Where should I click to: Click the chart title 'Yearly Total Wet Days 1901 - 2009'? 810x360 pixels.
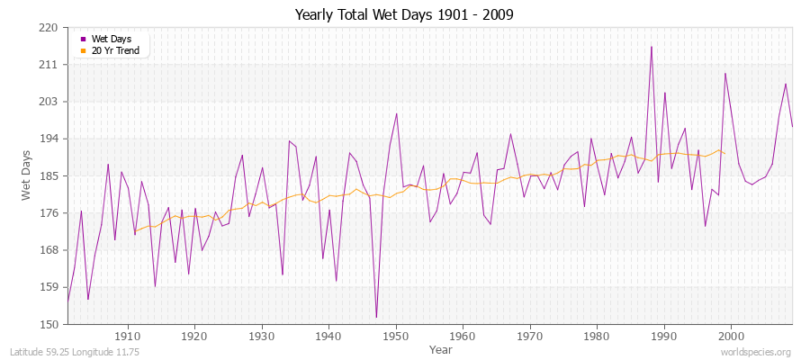coord(404,15)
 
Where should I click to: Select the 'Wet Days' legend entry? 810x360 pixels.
coord(111,39)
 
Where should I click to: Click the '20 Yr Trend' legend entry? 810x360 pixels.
coord(114,50)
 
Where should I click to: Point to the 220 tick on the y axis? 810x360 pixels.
coord(49,28)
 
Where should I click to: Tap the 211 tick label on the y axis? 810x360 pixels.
coord(49,65)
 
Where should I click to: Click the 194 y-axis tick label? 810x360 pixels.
coord(49,139)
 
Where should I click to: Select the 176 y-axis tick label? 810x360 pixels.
coord(49,213)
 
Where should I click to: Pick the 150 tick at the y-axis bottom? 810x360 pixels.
coord(49,324)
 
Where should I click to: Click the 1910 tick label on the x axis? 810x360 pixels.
coord(128,336)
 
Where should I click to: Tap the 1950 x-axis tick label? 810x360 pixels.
coord(396,336)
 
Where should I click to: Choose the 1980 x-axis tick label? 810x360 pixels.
coord(597,336)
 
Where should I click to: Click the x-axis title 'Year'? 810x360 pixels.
coord(441,348)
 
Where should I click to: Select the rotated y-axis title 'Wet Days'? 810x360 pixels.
coord(26,176)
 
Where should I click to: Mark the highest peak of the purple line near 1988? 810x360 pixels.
coord(651,47)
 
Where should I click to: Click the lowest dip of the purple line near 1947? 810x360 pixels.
coord(376,317)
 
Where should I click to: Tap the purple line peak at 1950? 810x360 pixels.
coord(396,113)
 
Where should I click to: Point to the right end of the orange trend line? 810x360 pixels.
coord(724,154)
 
